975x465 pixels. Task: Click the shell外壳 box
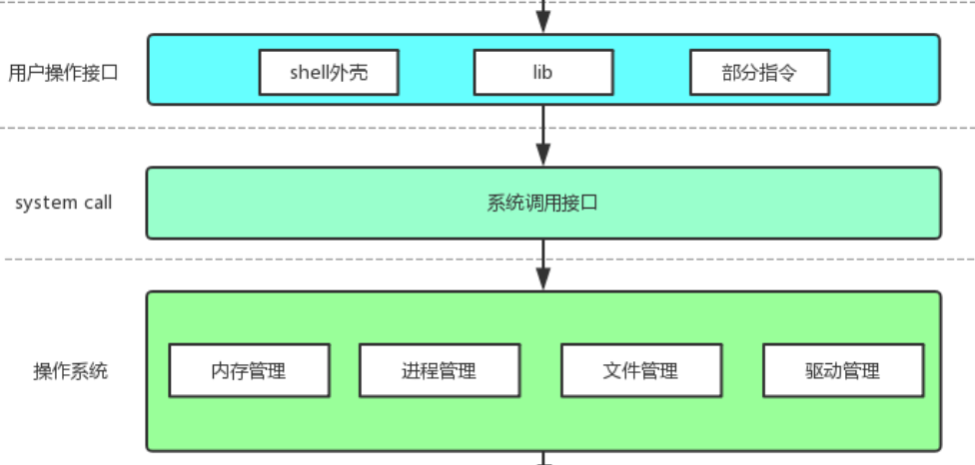click(x=329, y=73)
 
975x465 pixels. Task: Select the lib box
click(x=542, y=73)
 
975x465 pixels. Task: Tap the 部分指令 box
click(x=758, y=73)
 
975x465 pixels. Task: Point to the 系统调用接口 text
click(x=542, y=204)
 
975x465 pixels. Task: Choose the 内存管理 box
click(x=249, y=371)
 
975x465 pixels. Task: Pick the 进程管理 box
click(x=439, y=371)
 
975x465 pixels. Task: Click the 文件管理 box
click(x=640, y=371)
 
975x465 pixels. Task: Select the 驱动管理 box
click(x=842, y=371)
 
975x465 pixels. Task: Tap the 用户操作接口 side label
click(x=63, y=72)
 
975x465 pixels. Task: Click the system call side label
click(x=63, y=204)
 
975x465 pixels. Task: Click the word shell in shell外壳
click(x=310, y=73)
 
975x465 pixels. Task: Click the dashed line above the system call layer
click(x=300, y=128)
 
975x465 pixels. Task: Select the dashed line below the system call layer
click(x=300, y=259)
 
